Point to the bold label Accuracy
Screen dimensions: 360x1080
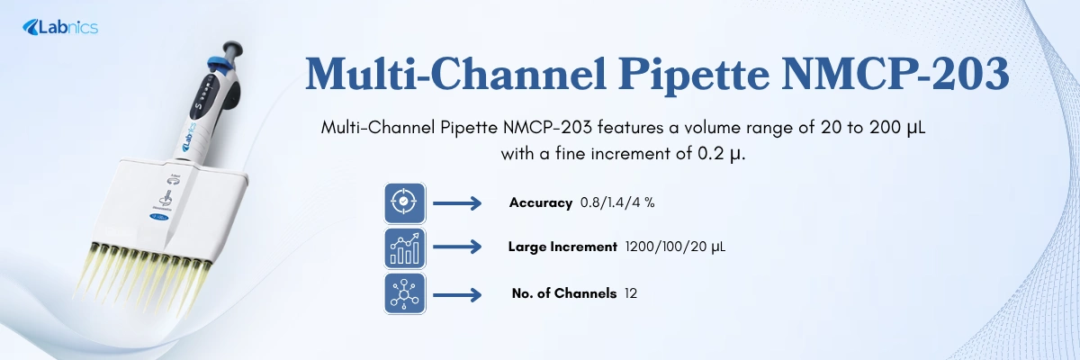tap(540, 203)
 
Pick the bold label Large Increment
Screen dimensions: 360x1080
tap(562, 247)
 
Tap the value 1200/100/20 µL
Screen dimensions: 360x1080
tap(675, 247)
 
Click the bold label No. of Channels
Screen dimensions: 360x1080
tap(563, 293)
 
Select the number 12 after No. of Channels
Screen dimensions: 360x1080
tap(630, 293)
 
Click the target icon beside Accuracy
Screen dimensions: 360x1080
tap(405, 203)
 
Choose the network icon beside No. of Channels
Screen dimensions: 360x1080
tap(405, 293)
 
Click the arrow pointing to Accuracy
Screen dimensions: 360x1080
tap(457, 203)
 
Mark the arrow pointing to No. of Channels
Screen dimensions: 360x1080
tap(457, 293)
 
